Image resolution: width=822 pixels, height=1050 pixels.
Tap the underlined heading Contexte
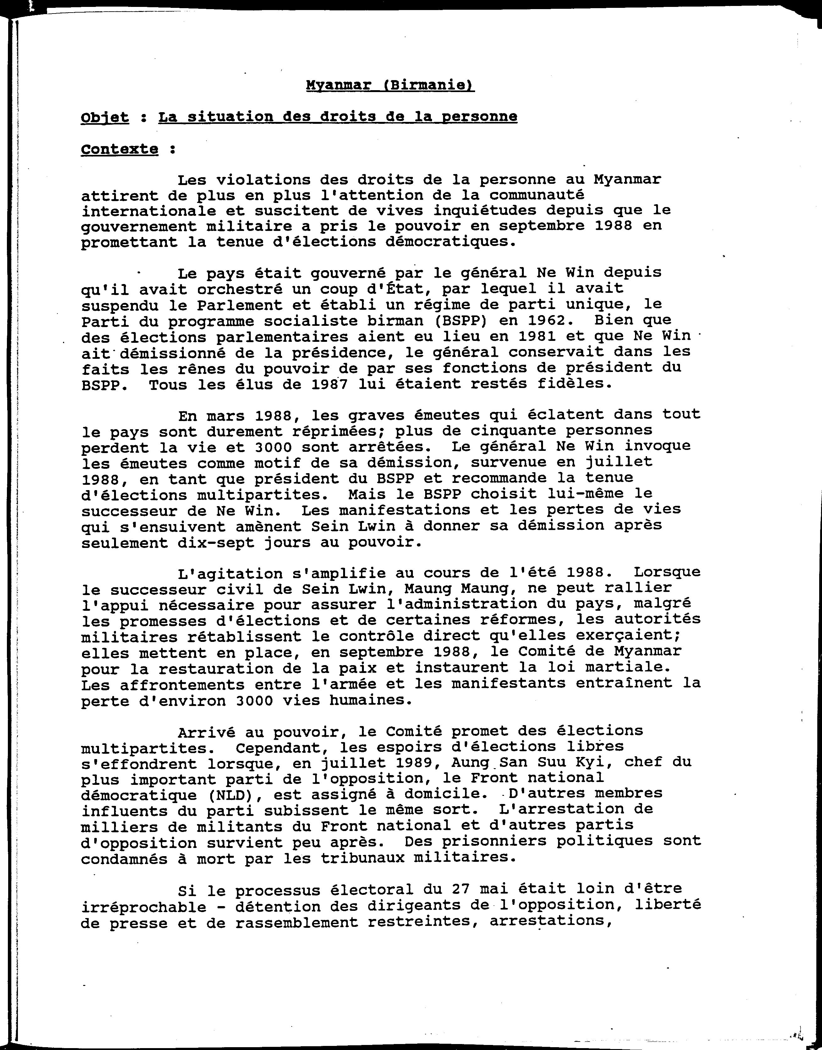[x=119, y=149]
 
